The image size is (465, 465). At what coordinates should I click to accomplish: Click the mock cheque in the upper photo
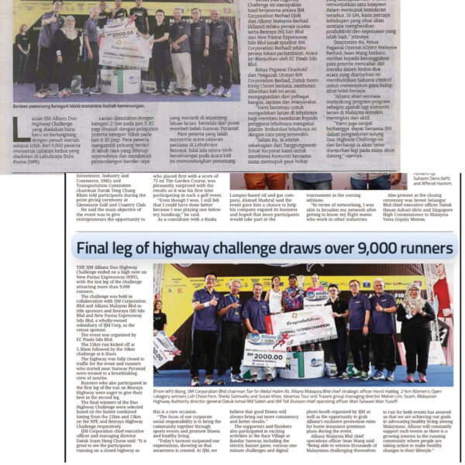(115, 37)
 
